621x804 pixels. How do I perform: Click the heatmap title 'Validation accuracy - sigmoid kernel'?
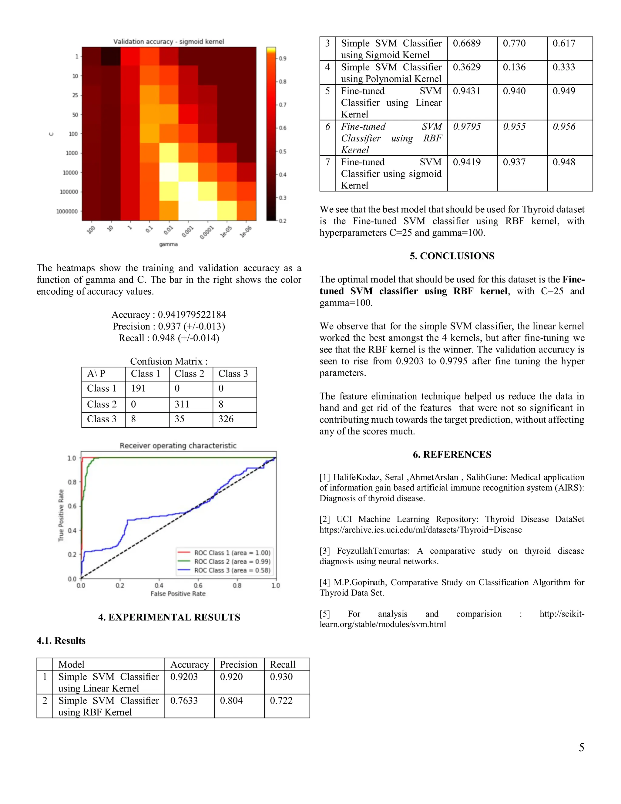169,42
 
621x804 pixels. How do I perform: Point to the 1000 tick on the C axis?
72,153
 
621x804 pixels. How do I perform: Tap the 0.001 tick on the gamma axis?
187,232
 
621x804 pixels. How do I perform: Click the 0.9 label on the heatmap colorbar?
283,59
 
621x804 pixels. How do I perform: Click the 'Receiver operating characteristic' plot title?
178,445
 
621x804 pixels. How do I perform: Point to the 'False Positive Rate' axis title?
178,593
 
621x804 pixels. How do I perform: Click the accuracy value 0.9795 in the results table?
466,127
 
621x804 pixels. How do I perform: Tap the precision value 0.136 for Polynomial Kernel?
514,67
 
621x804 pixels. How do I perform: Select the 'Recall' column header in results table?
283,664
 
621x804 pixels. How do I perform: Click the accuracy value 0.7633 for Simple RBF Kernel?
184,701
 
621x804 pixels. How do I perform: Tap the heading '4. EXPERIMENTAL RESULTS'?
169,617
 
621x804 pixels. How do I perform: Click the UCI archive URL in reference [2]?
421,530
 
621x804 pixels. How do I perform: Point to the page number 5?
581,747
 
